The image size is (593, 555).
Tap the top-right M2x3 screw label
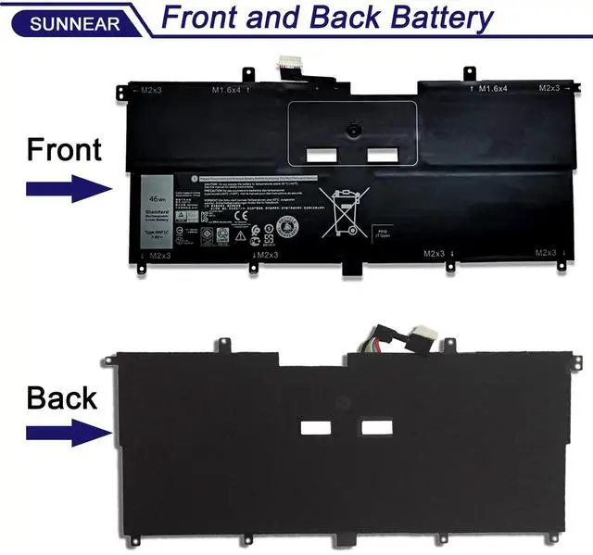[x=553, y=88]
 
